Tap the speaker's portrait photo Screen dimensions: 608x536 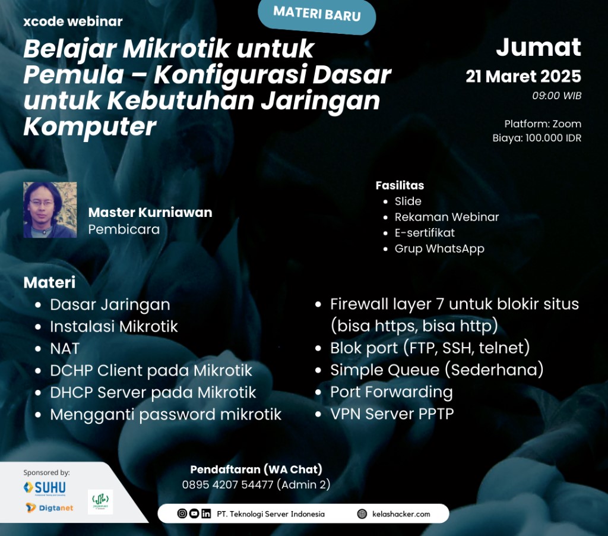pyautogui.click(x=50, y=210)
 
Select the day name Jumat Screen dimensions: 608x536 pyautogui.click(x=539, y=48)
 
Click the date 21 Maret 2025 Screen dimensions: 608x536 pyautogui.click(x=524, y=77)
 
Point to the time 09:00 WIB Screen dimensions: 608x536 pyautogui.click(x=557, y=96)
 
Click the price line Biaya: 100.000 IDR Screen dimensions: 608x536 pyautogui.click(x=537, y=138)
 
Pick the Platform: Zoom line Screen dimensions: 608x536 pyautogui.click(x=543, y=124)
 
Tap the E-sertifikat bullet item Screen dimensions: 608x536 pyautogui.click(x=425, y=232)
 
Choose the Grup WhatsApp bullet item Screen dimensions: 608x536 pyautogui.click(x=439, y=249)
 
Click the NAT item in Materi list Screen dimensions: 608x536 pyautogui.click(x=65, y=349)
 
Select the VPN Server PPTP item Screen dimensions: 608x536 pyautogui.click(x=392, y=414)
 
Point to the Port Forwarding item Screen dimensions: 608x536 pyautogui.click(x=391, y=392)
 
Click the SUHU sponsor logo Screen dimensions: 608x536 pyautogui.click(x=45, y=487)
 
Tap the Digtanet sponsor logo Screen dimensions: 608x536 pyautogui.click(x=49, y=507)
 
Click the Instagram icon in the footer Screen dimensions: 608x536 pyautogui.click(x=182, y=513)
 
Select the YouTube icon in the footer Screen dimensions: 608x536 pyautogui.click(x=194, y=513)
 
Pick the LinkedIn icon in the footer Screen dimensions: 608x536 pyautogui.click(x=206, y=514)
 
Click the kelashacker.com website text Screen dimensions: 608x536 pyautogui.click(x=401, y=514)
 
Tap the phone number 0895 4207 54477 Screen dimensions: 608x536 pyautogui.click(x=227, y=485)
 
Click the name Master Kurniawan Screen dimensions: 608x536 pyautogui.click(x=150, y=212)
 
